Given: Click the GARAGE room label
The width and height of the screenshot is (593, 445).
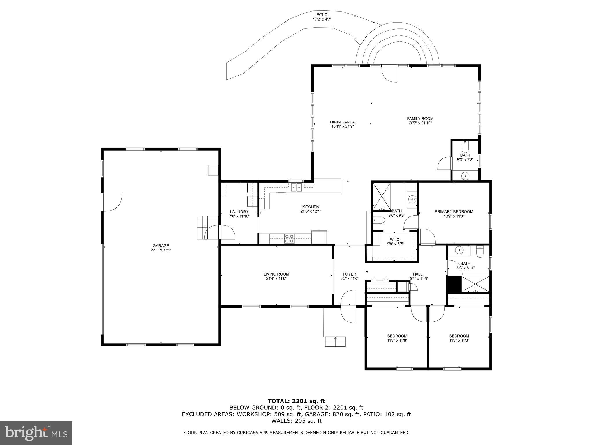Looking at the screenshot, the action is point(161,246).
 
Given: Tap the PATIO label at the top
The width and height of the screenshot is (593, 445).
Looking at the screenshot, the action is point(322,15).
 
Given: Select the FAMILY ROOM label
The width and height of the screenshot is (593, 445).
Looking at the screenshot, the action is point(420,118).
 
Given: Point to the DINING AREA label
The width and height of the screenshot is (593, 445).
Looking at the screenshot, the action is point(342,122).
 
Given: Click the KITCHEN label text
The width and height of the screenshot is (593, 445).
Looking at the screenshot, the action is point(311,207).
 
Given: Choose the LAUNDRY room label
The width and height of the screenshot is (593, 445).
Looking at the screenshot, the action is point(239,212).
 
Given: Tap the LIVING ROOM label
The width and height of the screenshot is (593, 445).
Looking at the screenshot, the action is point(276,274).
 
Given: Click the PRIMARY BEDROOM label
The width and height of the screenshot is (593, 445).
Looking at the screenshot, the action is point(454,211).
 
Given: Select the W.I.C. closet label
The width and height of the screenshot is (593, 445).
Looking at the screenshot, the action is point(395,240).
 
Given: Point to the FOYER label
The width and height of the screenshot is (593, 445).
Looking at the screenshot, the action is point(349,274).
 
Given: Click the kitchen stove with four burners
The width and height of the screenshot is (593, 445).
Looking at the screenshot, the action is point(289,239).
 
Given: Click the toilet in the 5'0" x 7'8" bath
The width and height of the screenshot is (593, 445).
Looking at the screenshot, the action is point(465,147).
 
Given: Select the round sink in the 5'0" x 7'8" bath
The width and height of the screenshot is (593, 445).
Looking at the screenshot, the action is point(465,175).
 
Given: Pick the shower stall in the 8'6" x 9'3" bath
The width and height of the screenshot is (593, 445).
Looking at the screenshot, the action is point(381,196).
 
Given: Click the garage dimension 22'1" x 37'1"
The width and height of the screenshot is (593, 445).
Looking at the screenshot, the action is point(161,250).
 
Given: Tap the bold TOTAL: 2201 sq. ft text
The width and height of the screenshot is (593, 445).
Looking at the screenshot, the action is point(296,401).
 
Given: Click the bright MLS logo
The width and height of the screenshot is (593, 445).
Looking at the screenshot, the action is point(36,433).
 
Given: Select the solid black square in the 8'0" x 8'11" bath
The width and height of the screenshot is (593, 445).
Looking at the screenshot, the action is point(453,284).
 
